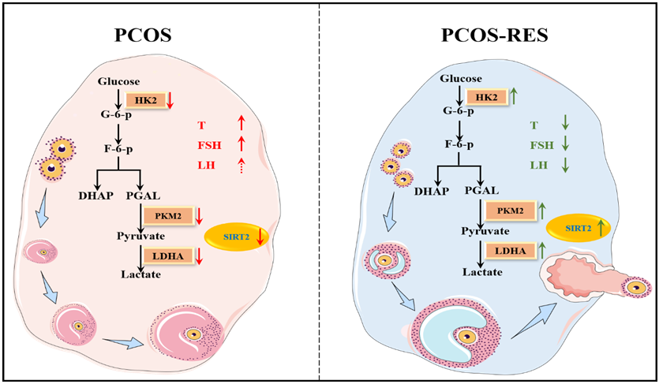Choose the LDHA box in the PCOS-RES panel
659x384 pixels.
[508, 251]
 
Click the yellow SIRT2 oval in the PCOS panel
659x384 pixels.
[238, 237]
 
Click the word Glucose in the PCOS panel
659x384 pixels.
[119, 81]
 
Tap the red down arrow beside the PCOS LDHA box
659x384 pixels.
[200, 255]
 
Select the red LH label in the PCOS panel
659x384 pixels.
[206, 165]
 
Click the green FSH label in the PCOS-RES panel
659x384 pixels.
[540, 145]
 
